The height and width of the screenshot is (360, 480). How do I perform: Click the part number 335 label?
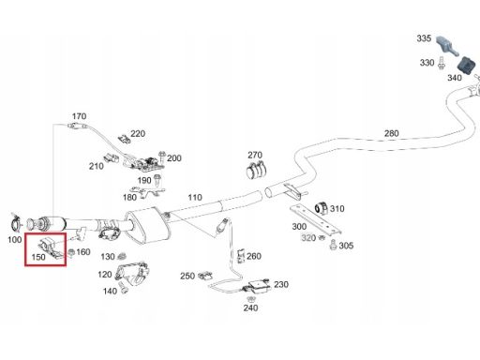tap(424, 38)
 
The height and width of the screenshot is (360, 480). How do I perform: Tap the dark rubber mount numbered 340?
tap(466, 66)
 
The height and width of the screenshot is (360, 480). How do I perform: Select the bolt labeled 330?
tap(441, 63)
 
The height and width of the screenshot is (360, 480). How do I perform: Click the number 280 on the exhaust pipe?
tap(392, 133)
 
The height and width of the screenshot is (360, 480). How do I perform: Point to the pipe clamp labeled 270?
tap(256, 170)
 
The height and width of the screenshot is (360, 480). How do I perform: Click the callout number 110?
tap(195, 198)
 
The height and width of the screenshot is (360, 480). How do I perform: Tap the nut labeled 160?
tap(71, 252)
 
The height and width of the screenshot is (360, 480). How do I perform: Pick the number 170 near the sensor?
tap(79, 116)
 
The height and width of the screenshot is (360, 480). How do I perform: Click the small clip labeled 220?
tap(125, 139)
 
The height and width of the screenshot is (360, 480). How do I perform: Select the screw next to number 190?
tap(157, 180)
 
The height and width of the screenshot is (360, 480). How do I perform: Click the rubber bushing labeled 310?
tap(322, 208)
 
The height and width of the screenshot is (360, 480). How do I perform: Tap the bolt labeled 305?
tap(333, 245)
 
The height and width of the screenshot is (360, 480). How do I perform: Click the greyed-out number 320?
tap(308, 238)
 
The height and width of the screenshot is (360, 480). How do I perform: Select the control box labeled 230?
tap(259, 286)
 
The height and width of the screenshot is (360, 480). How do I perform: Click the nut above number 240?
tap(250, 299)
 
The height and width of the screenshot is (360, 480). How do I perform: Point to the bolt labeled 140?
tap(123, 287)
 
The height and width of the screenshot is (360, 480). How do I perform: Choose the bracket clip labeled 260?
tap(241, 256)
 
